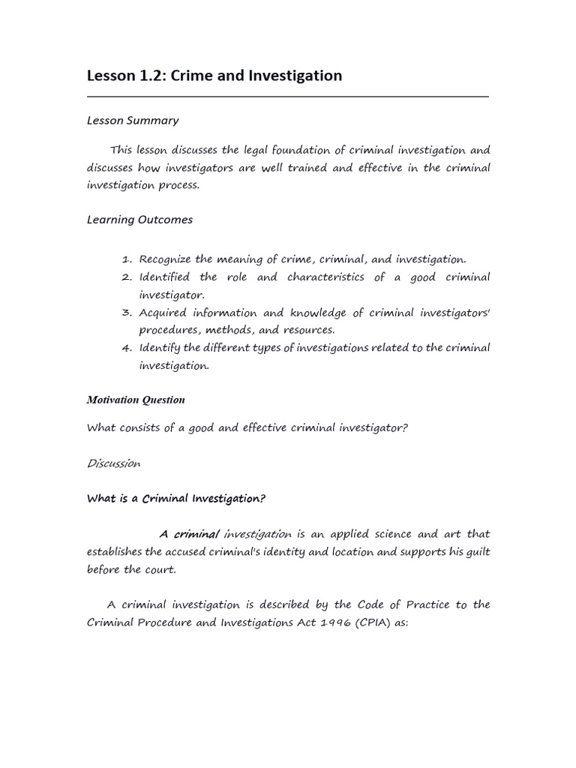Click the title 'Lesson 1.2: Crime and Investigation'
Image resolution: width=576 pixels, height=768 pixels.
pos(214,76)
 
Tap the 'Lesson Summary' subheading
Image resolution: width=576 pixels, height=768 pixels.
pos(133,120)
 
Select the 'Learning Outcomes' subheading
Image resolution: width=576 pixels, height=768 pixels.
pos(139,220)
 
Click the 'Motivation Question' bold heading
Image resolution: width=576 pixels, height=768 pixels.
pos(136,400)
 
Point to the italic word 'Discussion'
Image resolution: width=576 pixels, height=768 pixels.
pos(113,463)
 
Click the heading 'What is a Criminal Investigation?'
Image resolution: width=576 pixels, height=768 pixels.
pos(176,498)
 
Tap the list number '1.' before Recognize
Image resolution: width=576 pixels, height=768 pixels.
pos(127,259)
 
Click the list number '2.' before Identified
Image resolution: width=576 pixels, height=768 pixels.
pos(127,277)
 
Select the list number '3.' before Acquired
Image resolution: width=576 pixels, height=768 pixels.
pos(127,312)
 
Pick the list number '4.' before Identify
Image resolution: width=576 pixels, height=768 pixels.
pos(127,348)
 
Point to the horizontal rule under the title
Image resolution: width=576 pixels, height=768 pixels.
pos(288,97)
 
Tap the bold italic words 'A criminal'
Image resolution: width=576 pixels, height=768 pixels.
pos(189,534)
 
